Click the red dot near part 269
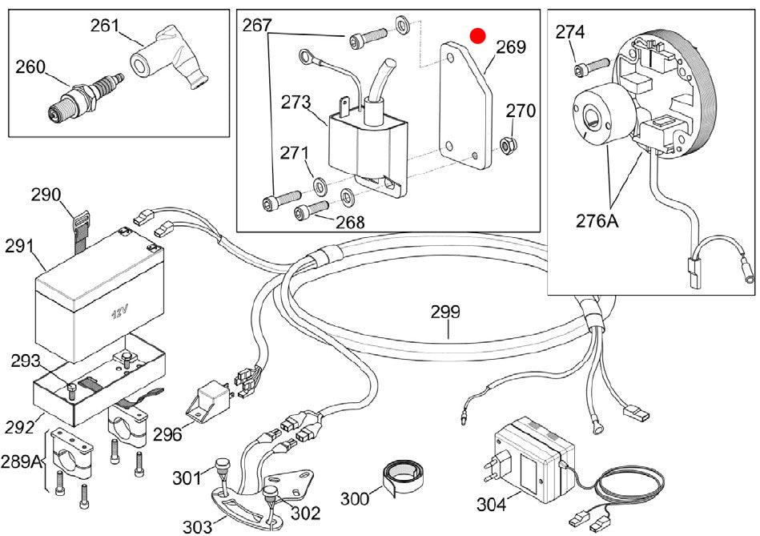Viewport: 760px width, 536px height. point(478,36)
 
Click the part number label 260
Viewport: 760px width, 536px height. point(30,67)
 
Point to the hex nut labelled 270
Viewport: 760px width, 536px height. point(509,143)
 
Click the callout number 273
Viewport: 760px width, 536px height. point(296,103)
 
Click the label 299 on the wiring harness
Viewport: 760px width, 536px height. point(445,312)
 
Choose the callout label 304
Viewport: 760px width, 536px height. point(492,505)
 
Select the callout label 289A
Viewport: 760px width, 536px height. point(22,461)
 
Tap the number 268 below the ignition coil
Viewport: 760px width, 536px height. point(350,222)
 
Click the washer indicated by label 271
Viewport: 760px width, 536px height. point(320,185)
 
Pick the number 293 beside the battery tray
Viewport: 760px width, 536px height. point(26,361)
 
